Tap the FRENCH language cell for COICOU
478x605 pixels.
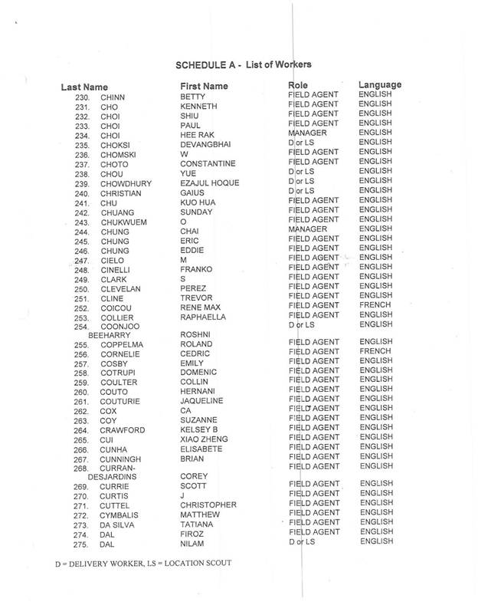click(x=374, y=305)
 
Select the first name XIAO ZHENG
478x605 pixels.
click(x=205, y=441)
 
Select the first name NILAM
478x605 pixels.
click(x=192, y=544)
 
